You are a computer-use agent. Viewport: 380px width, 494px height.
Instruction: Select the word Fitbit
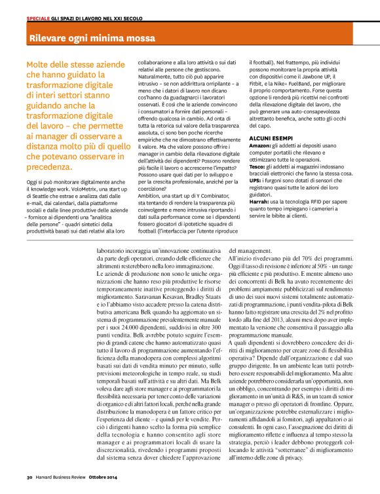(x=259, y=83)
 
